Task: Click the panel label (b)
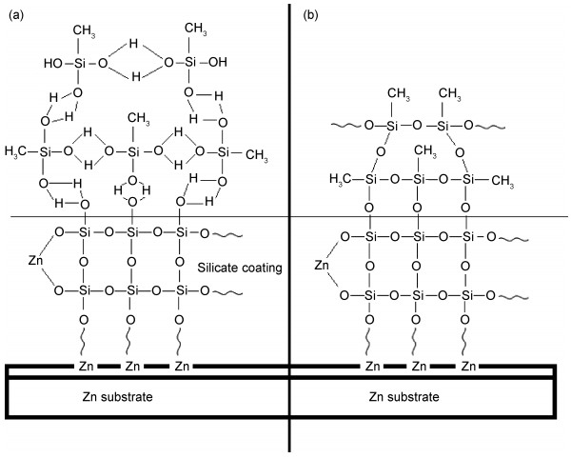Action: coord(310,14)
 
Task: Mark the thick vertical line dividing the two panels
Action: coord(289,229)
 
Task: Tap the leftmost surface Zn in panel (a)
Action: coord(79,366)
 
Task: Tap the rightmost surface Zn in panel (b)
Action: coord(468,366)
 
